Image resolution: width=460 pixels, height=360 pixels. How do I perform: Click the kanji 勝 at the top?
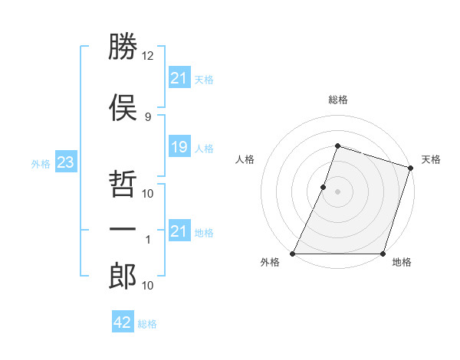pyautogui.click(x=123, y=48)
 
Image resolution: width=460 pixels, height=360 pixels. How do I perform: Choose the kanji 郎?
pyautogui.click(x=123, y=276)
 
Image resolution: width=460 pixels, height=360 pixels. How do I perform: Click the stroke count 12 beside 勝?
pyautogui.click(x=148, y=56)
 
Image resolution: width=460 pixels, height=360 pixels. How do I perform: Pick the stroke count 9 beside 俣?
pyautogui.click(x=148, y=116)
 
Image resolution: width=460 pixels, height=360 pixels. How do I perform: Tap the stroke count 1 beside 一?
pyautogui.click(x=148, y=240)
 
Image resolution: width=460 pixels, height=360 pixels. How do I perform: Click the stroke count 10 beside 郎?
pyautogui.click(x=148, y=286)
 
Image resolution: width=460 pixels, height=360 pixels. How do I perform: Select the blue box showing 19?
pyautogui.click(x=179, y=147)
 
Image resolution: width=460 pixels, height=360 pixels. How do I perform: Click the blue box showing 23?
pyautogui.click(x=64, y=162)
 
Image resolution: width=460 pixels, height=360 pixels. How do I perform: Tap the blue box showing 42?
pyautogui.click(x=122, y=322)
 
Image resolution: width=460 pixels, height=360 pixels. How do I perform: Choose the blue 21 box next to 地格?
pyautogui.click(x=179, y=231)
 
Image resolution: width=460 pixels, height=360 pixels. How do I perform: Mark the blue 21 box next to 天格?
pyautogui.click(x=179, y=77)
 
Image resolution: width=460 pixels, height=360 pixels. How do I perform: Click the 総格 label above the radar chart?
pyautogui.click(x=337, y=100)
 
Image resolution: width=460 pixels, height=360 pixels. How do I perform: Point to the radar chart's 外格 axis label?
pyautogui.click(x=270, y=262)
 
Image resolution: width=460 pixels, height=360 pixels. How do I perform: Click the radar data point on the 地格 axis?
pyautogui.click(x=383, y=254)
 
